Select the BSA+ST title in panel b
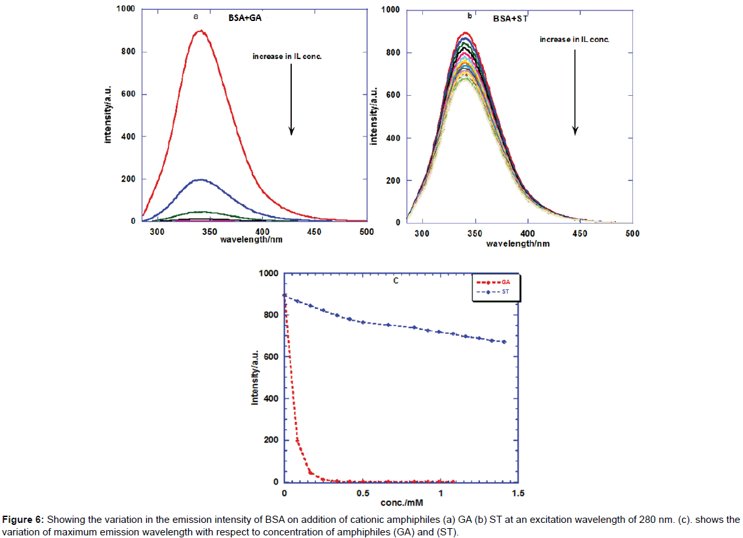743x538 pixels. (510, 19)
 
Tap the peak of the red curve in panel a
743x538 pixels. (200, 31)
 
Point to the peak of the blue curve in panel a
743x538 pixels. (200, 179)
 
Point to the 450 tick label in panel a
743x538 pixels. (314, 232)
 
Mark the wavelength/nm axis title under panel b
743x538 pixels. (517, 243)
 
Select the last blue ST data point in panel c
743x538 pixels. (504, 342)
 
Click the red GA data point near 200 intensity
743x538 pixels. (298, 440)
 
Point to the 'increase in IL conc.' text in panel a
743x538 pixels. (287, 56)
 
